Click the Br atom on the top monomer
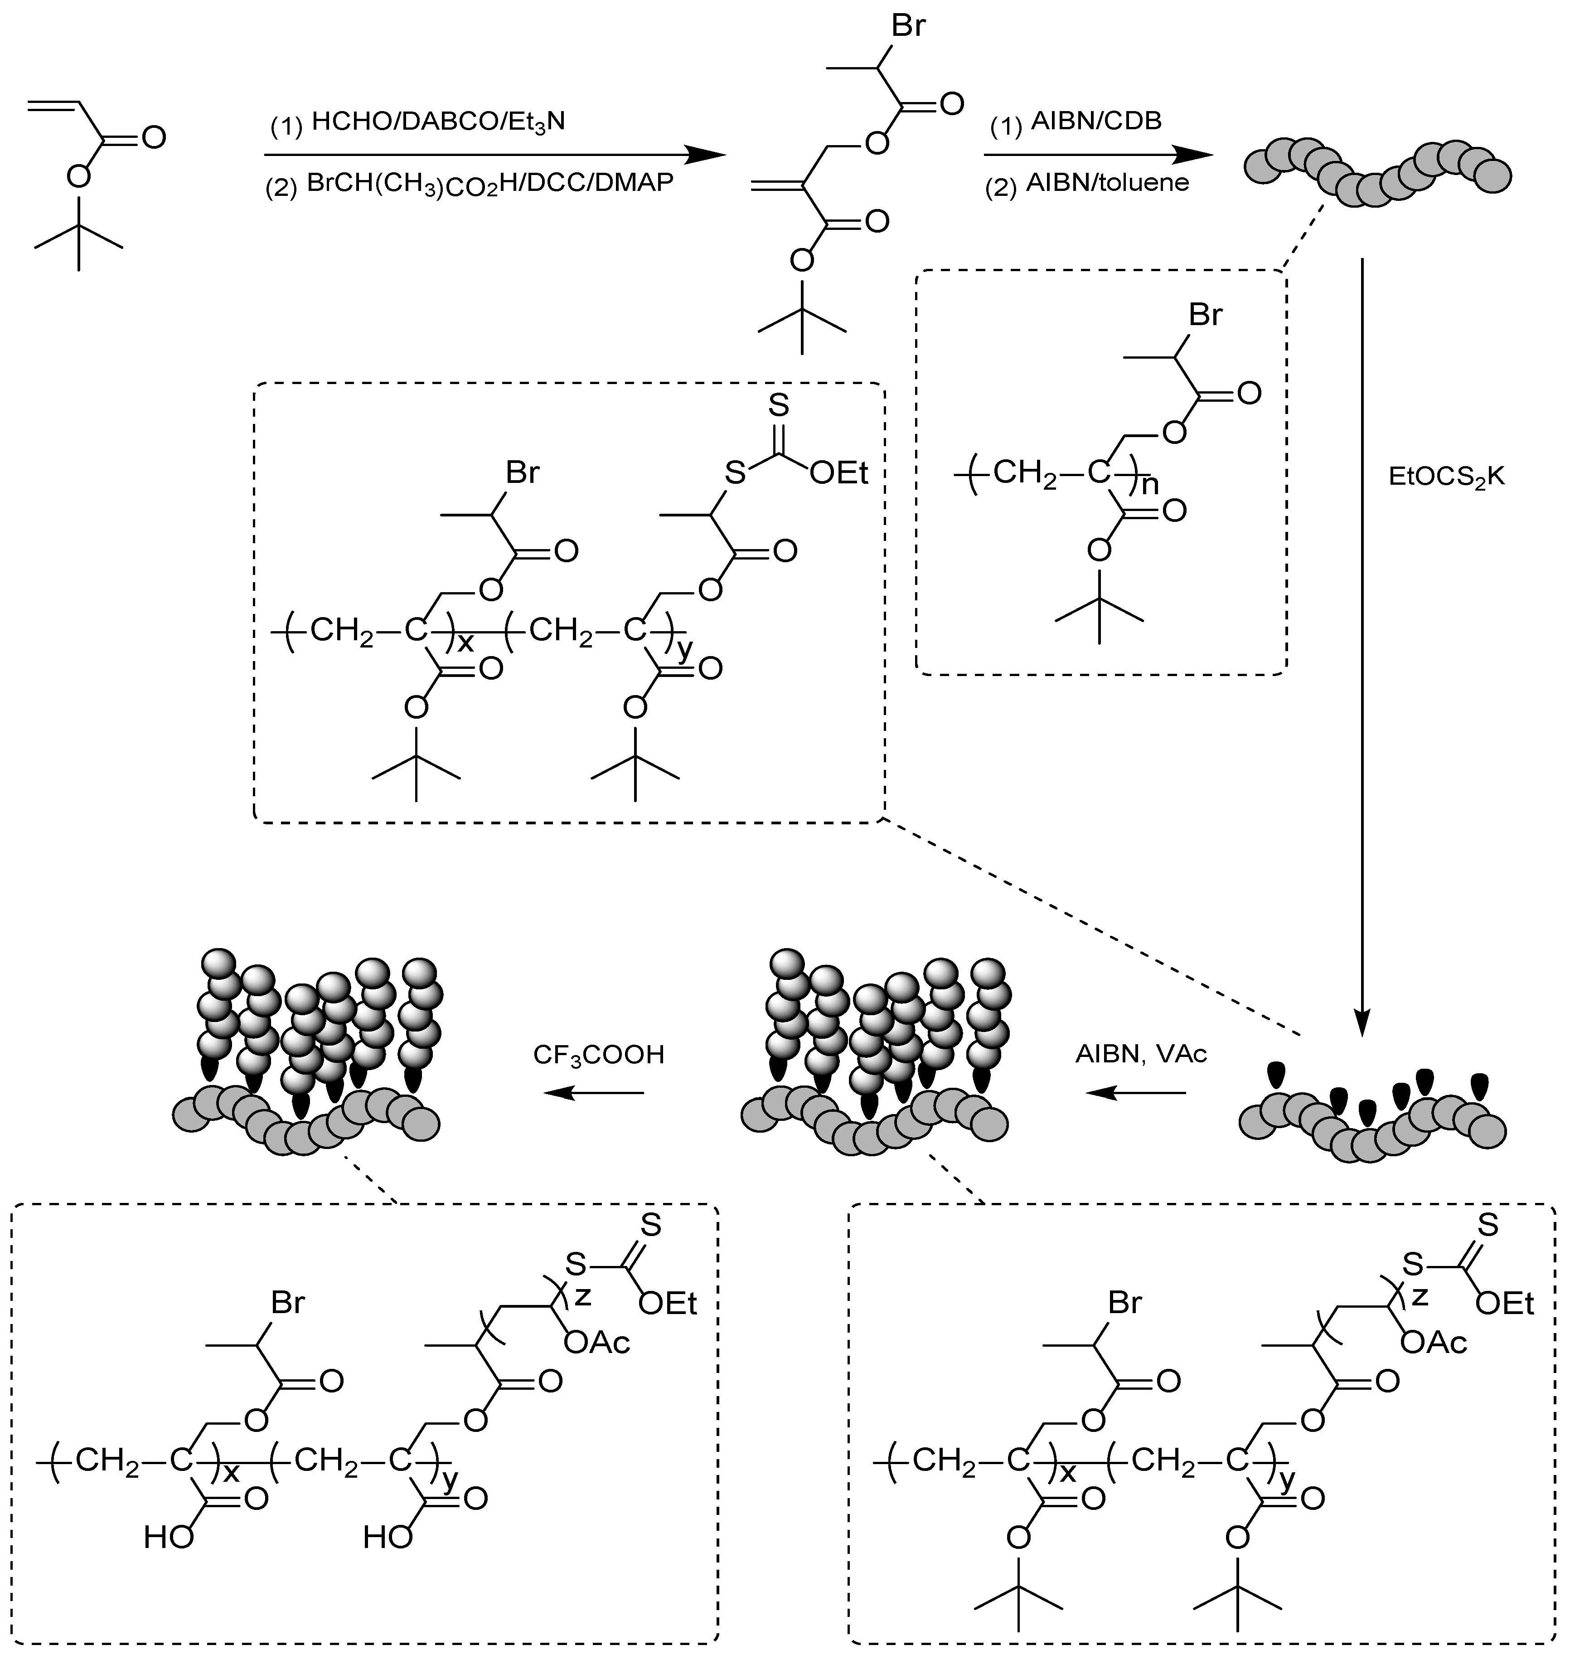click(x=908, y=27)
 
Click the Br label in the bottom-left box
click(x=287, y=1304)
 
